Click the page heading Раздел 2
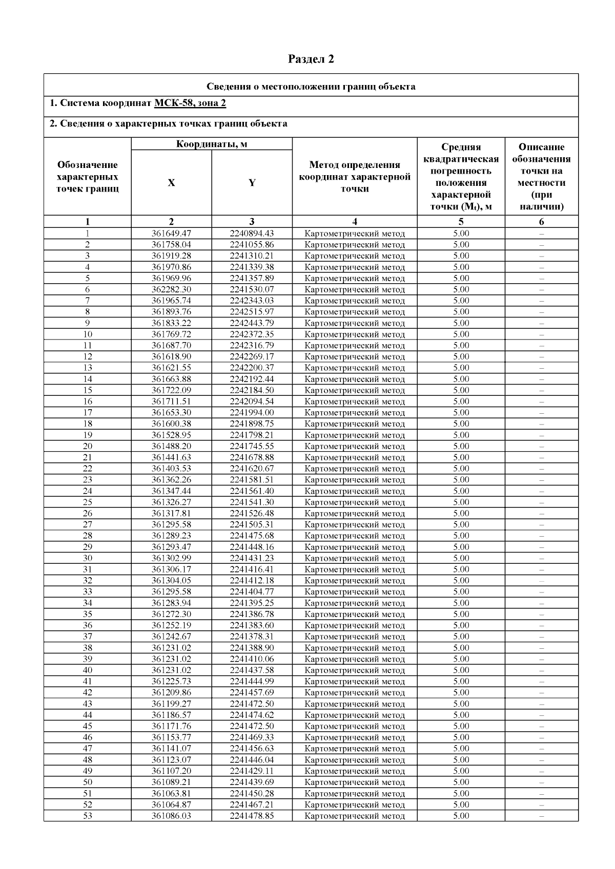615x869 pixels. coord(311,59)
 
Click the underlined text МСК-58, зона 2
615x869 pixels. coord(190,103)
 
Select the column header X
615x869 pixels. coord(171,183)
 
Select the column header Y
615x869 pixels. coord(252,183)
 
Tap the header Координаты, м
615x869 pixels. coord(212,144)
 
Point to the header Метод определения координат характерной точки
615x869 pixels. coord(355,177)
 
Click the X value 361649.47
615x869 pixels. coord(171,234)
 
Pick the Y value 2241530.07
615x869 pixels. coord(252,289)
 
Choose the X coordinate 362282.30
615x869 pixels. coord(171,289)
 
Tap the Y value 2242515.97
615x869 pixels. coord(252,312)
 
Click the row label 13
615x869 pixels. coord(88,368)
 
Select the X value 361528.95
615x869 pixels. coord(171,435)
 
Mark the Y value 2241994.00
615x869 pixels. coord(252,413)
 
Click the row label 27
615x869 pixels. coord(88,524)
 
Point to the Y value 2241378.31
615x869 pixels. coord(252,637)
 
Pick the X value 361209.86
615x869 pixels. coord(171,692)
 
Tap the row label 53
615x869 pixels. coord(88,816)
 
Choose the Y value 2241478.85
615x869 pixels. coord(252,816)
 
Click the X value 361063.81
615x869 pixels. coord(171,793)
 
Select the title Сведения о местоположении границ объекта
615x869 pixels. coord(311,86)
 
